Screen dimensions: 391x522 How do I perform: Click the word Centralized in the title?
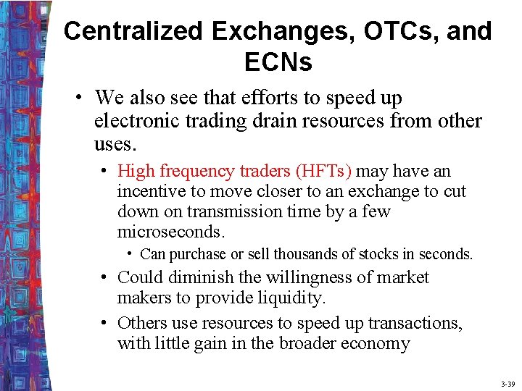tap(133, 31)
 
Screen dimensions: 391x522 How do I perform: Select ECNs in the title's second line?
tap(278, 62)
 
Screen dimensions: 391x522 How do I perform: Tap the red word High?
tap(136, 171)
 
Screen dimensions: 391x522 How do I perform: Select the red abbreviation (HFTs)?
tap(323, 171)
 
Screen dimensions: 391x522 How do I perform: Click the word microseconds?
tap(170, 232)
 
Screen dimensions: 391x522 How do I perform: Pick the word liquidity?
tap(291, 298)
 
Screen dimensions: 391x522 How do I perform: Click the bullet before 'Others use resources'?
tap(106, 323)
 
